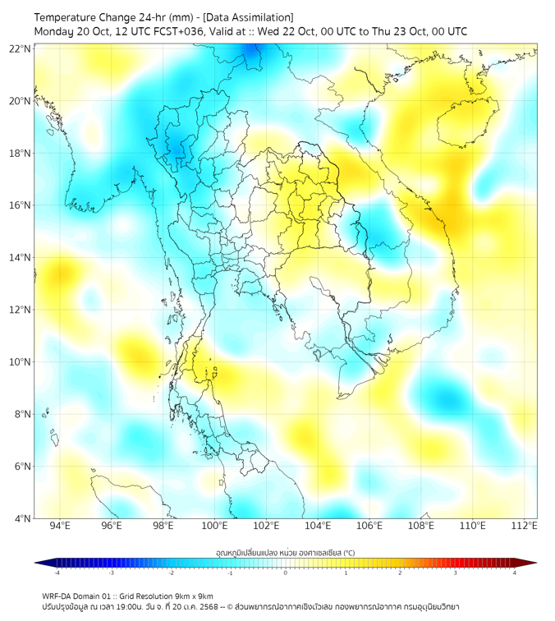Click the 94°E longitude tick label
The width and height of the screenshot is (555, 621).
coord(60,526)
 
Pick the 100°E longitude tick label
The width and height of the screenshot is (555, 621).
coord(214,526)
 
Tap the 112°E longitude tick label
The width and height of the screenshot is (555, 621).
coord(525,526)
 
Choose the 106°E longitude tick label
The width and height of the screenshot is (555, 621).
coord(369,526)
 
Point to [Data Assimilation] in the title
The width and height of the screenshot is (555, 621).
coord(246,17)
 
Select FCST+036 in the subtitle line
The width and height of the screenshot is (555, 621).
coord(179,31)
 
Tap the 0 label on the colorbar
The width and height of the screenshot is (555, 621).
coord(286,573)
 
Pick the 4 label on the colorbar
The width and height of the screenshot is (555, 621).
coord(515,573)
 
